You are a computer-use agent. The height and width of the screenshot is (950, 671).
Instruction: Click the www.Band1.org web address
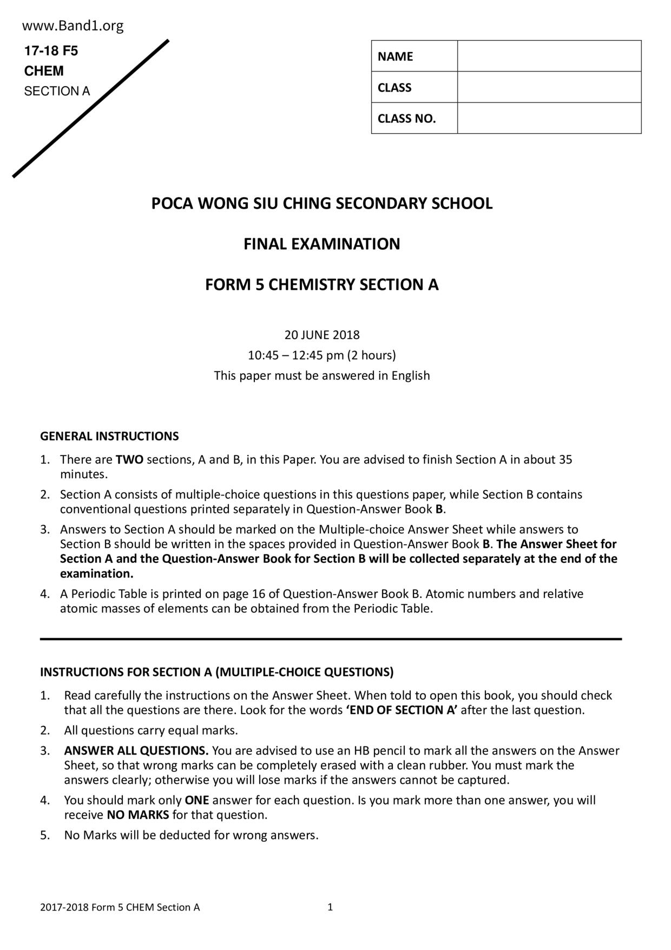click(x=73, y=26)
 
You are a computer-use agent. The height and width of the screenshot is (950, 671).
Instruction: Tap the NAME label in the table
click(x=395, y=56)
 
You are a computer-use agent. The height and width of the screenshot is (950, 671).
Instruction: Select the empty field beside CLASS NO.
click(x=549, y=118)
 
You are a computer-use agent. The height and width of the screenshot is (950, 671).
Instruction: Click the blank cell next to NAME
click(x=549, y=56)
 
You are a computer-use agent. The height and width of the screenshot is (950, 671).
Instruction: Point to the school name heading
click(x=321, y=204)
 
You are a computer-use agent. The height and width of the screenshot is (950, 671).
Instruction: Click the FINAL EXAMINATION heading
click(x=321, y=244)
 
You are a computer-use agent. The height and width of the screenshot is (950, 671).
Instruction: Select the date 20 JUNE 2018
click(x=321, y=335)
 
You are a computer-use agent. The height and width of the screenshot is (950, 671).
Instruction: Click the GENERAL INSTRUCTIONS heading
click(x=109, y=437)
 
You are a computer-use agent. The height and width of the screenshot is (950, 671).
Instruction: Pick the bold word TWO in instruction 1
click(x=129, y=460)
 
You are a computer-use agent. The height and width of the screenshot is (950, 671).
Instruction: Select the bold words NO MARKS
click(x=138, y=815)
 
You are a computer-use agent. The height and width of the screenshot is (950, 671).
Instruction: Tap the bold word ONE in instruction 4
click(x=197, y=801)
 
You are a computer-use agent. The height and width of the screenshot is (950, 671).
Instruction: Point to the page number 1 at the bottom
click(x=330, y=907)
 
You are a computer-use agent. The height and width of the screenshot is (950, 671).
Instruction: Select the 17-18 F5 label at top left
click(x=51, y=51)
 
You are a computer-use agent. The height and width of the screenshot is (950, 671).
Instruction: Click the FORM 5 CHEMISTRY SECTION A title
click(x=321, y=285)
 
